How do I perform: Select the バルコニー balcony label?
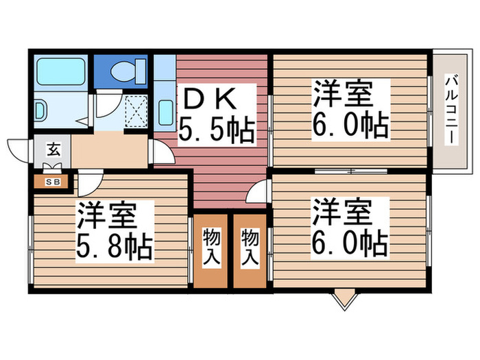[451, 109]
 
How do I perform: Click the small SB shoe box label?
[52, 182]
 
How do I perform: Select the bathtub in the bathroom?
[60, 71]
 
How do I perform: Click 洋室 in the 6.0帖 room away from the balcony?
[343, 211]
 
